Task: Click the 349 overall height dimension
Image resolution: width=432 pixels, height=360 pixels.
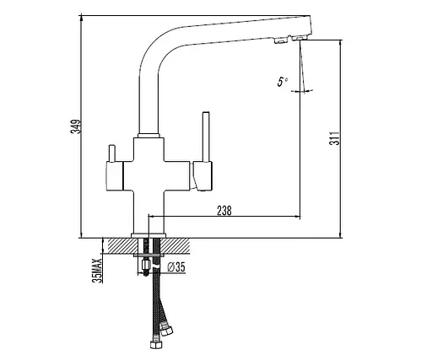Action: (x=76, y=126)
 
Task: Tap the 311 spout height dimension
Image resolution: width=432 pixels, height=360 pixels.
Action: (x=335, y=138)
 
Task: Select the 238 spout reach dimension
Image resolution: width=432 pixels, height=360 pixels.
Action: (x=224, y=211)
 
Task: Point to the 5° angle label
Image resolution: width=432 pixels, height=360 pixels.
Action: (x=282, y=82)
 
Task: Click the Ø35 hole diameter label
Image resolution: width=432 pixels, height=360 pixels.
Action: (x=176, y=267)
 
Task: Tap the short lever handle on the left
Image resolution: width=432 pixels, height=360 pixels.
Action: (x=112, y=153)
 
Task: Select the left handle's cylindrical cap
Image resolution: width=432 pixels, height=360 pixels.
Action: (x=115, y=176)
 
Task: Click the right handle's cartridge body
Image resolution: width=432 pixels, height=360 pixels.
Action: (x=202, y=176)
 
